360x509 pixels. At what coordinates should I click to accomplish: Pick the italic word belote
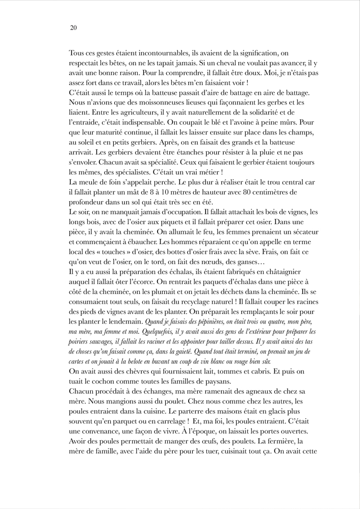click(148, 361)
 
